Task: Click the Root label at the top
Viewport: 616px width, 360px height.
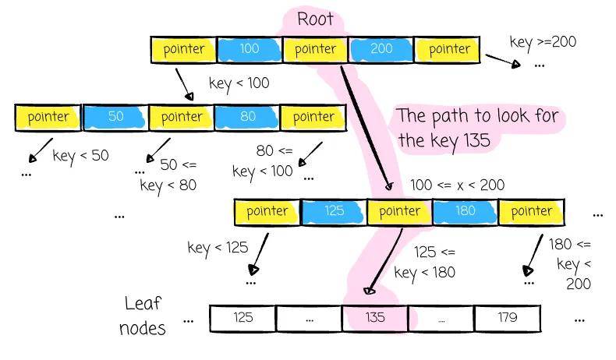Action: pyautogui.click(x=316, y=19)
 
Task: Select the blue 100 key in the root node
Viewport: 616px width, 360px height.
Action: pyautogui.click(x=250, y=49)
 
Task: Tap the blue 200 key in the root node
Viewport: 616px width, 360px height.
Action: pyautogui.click(x=381, y=49)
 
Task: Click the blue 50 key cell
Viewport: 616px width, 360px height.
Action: pyautogui.click(x=115, y=117)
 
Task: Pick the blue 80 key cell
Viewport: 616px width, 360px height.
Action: pyautogui.click(x=247, y=117)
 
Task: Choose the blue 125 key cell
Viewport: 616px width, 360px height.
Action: pyautogui.click(x=334, y=211)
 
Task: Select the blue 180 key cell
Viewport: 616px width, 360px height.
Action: pyautogui.click(x=466, y=211)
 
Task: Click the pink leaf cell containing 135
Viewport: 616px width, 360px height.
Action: pyautogui.click(x=375, y=318)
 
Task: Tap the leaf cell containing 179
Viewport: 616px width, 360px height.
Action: pyautogui.click(x=507, y=318)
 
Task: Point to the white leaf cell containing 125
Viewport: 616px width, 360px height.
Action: pyautogui.click(x=243, y=318)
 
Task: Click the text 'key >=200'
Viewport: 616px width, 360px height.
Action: pyautogui.click(x=543, y=41)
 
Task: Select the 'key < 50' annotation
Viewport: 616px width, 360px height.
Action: pyautogui.click(x=80, y=155)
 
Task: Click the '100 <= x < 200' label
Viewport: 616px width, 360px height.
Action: pyautogui.click(x=457, y=185)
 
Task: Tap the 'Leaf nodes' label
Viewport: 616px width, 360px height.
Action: pyautogui.click(x=145, y=315)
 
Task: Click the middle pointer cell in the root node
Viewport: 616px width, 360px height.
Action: pyautogui.click(x=315, y=49)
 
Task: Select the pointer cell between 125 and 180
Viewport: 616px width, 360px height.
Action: pyautogui.click(x=399, y=211)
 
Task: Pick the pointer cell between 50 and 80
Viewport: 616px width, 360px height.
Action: pyautogui.click(x=182, y=117)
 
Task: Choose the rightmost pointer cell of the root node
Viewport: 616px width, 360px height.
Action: pyautogui.click(x=448, y=49)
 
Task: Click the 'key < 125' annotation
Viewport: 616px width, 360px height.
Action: pyautogui.click(x=218, y=248)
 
